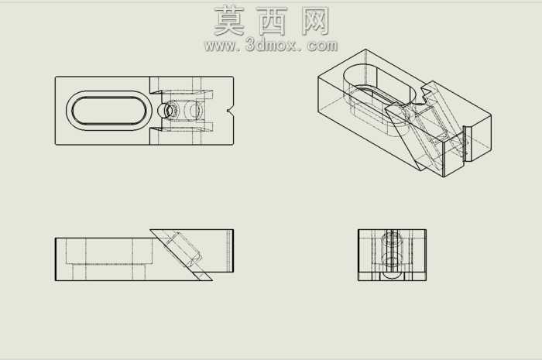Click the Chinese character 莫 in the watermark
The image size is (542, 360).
point(229,21)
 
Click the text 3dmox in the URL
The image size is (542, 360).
point(271,45)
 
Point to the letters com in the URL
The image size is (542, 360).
point(321,46)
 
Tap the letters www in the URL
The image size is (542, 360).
point(220,46)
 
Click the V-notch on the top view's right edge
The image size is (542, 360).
point(230,111)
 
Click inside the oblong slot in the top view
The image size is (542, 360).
point(109,111)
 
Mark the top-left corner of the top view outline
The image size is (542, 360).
point(55,77)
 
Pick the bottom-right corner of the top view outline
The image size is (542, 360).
point(233,145)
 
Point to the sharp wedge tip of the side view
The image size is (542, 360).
point(212,280)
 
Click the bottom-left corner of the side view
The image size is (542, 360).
point(55,280)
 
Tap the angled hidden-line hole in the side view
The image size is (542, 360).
point(185,249)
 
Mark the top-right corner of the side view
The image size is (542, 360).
point(233,229)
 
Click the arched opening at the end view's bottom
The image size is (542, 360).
point(392,275)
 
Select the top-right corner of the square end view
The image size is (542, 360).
point(426,229)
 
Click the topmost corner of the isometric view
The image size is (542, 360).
point(365,50)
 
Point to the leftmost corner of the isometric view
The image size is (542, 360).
point(317,77)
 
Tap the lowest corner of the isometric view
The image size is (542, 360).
point(444,177)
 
